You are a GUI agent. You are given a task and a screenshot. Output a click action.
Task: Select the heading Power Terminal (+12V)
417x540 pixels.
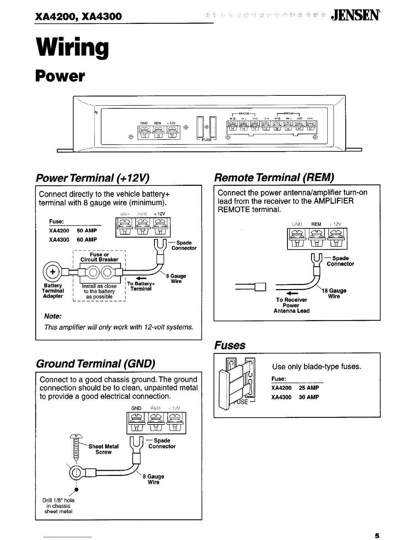coord(93,178)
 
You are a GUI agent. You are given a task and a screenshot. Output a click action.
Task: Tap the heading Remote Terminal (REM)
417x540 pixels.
coord(274,177)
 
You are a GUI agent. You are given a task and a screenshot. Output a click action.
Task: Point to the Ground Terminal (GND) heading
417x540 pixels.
coord(95,364)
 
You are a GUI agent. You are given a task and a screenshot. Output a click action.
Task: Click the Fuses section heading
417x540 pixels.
coord(230,345)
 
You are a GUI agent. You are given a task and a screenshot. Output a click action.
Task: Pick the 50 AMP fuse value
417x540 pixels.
coord(87,230)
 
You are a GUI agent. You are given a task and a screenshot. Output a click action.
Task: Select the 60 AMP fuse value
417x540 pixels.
coord(87,240)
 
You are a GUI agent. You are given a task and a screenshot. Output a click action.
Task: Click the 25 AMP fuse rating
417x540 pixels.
coord(309,388)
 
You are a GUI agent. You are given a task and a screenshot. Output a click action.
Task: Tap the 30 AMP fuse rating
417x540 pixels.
coord(309,397)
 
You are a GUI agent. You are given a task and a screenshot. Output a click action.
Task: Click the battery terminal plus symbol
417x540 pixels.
coord(52,272)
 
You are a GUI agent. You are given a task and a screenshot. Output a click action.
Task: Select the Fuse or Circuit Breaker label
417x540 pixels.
coord(99,257)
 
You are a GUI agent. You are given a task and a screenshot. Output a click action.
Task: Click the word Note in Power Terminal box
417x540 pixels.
coord(53,316)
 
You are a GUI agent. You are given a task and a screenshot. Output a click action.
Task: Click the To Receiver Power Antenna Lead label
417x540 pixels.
coord(291,305)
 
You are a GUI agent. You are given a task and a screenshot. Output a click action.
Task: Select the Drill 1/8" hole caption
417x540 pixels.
coord(58,506)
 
